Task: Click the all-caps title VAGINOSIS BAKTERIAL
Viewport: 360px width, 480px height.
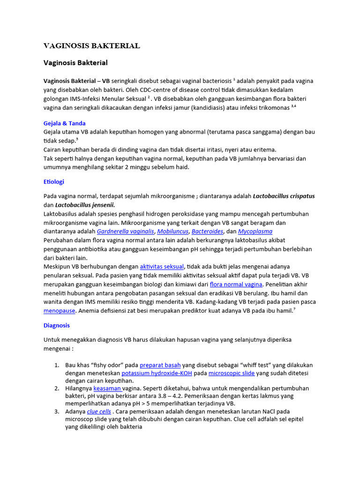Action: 91,45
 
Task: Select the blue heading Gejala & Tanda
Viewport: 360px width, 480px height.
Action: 64,123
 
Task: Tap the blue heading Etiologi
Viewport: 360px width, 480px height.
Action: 54,181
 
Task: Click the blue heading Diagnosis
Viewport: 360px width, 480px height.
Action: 57,325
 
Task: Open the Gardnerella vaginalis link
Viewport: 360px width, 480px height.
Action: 125,232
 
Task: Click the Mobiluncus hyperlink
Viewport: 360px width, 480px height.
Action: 172,232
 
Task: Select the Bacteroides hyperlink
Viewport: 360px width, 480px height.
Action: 208,232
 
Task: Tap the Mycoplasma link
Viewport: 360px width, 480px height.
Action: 255,232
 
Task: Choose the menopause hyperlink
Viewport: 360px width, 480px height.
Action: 60,311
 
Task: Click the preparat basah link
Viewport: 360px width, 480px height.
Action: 160,365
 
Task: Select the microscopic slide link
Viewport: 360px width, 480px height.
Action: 232,373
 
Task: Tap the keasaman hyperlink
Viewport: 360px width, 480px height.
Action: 107,388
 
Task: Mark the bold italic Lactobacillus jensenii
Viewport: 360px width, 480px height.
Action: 85,205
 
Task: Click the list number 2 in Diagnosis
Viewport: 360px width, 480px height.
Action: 56,388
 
